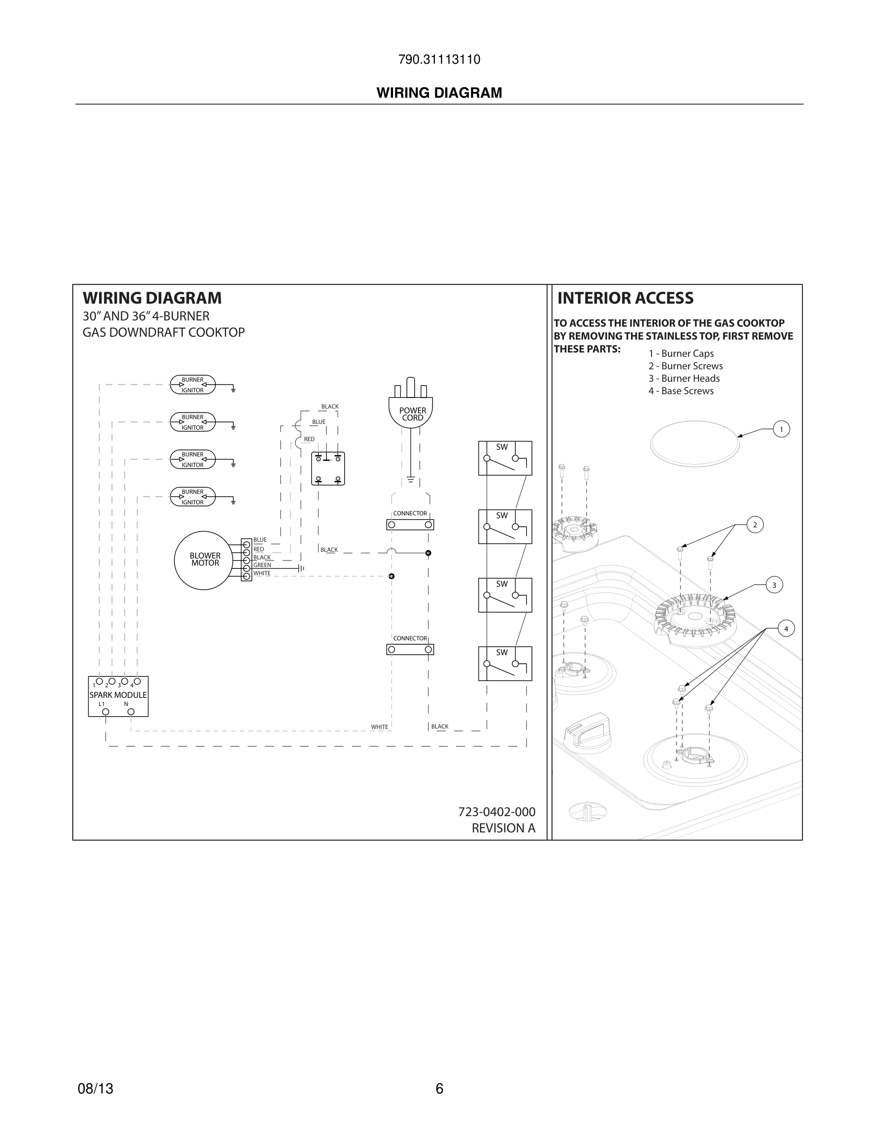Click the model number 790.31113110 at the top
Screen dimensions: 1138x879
[x=439, y=59]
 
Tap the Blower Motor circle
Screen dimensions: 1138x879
[x=203, y=560]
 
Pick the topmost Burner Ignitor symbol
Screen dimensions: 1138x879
[x=192, y=385]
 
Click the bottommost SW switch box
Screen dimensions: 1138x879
[x=505, y=663]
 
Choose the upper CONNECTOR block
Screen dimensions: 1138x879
[x=410, y=524]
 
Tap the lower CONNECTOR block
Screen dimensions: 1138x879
[x=410, y=649]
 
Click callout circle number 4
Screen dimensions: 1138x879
[x=786, y=629]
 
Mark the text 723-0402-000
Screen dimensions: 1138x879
[x=496, y=812]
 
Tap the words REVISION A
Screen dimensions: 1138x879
[x=503, y=828]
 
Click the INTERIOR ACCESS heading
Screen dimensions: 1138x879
[x=625, y=298]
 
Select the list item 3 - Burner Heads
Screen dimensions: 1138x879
[x=684, y=378]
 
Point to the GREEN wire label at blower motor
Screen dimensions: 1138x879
[x=262, y=565]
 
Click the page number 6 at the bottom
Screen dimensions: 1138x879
[x=439, y=1089]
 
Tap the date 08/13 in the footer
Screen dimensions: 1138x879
[x=95, y=1089]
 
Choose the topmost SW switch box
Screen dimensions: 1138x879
[x=505, y=458]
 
